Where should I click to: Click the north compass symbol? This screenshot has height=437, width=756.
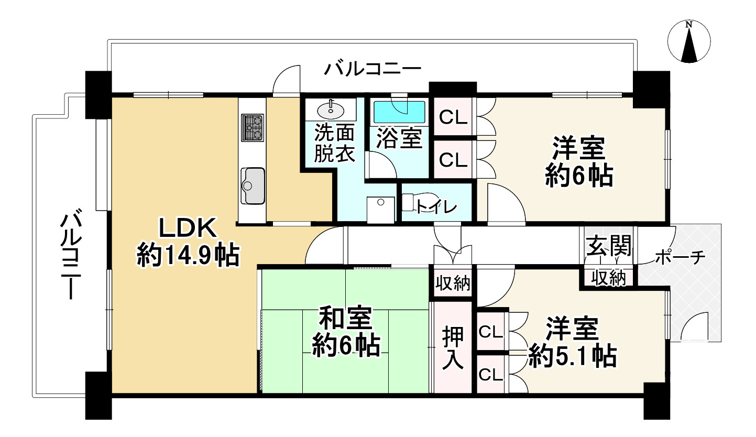pyautogui.click(x=689, y=41)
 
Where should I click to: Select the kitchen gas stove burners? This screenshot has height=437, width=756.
pyautogui.click(x=253, y=127)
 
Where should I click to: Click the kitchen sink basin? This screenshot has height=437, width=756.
pyautogui.click(x=253, y=184)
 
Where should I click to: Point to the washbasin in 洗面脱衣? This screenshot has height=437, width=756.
pyautogui.click(x=331, y=110)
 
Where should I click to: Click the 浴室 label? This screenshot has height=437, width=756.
pyautogui.click(x=399, y=138)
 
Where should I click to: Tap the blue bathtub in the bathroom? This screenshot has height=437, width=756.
pyautogui.click(x=399, y=112)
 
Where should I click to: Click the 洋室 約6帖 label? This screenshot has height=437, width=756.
pyautogui.click(x=578, y=162)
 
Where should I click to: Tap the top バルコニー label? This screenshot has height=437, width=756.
pyautogui.click(x=372, y=69)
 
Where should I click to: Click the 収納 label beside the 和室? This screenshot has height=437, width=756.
pyautogui.click(x=453, y=284)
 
